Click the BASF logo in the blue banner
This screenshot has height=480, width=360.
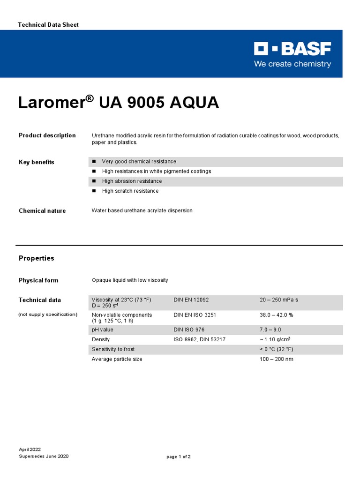click(292, 49)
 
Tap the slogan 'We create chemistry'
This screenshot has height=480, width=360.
click(292, 64)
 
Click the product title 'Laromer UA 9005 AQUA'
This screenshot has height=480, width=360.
click(118, 103)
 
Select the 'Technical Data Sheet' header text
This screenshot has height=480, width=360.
click(48, 24)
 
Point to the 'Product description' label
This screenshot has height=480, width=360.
click(47, 135)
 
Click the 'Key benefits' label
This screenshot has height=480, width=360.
click(37, 162)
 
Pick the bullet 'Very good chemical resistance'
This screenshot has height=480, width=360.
click(139, 162)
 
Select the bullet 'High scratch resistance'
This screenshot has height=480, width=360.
click(130, 191)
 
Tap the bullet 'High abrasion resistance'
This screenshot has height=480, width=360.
click(132, 181)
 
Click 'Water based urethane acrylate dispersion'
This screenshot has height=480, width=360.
click(142, 211)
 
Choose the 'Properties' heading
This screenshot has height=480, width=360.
click(36, 258)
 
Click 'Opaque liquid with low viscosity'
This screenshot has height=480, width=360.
click(130, 280)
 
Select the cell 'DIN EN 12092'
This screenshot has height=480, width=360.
click(191, 300)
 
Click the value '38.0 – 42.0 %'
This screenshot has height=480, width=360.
click(277, 315)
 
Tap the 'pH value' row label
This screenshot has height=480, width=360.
click(103, 330)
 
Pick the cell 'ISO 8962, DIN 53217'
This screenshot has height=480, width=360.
click(200, 339)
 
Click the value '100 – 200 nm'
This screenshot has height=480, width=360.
click(277, 359)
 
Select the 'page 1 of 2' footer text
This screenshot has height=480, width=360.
click(179, 457)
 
